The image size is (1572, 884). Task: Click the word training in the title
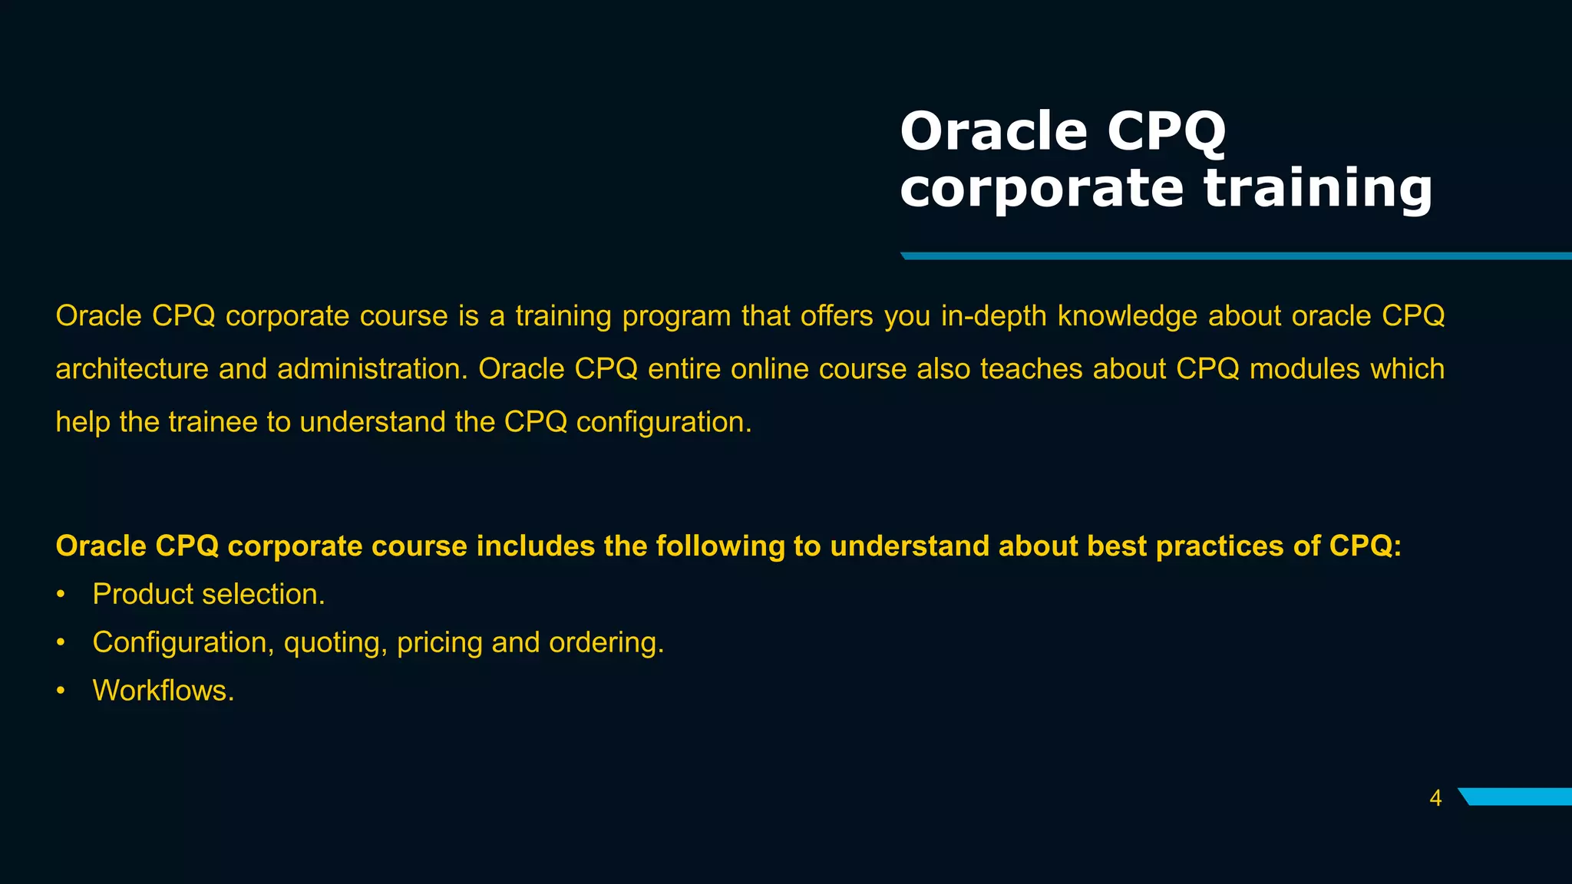pos(1317,189)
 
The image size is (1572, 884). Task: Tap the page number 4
pos(1435,799)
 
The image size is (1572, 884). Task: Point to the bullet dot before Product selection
pos(61,595)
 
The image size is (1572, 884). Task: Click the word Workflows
pos(163,691)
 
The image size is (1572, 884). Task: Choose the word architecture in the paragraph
pos(132,369)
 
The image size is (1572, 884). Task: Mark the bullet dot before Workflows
pos(61,691)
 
